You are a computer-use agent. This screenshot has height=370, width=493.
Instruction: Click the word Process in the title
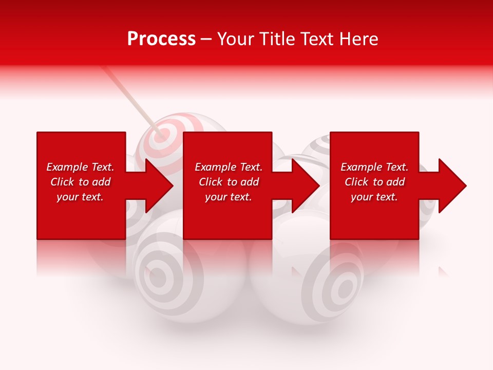161,39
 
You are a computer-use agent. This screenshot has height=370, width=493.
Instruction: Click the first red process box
81,216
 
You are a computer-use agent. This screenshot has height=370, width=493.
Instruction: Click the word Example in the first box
67,167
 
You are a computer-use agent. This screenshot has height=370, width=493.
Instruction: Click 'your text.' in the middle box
228,197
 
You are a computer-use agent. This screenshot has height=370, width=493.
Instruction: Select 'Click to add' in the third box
375,182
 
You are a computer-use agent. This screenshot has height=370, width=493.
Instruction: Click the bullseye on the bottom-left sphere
159,278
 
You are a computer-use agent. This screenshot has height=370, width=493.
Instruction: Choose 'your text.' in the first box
80,197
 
